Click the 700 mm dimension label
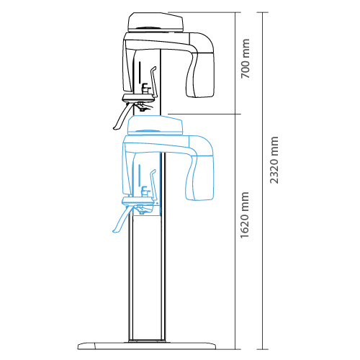(246, 58)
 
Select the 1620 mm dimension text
(245, 215)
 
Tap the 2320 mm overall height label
(274, 160)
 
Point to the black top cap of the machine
(156, 22)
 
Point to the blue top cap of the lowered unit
(155, 125)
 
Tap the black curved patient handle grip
(122, 117)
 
